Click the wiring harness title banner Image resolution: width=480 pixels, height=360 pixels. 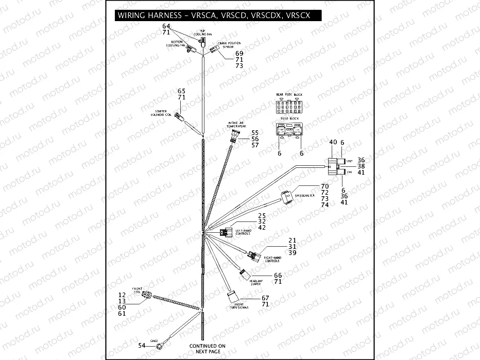[x=214, y=15]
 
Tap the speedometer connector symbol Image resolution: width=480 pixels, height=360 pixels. [x=286, y=196]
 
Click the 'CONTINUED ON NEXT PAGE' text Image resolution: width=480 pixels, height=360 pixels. [x=207, y=349]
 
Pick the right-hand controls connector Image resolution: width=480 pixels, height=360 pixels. [x=253, y=255]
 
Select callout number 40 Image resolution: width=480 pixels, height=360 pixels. [x=333, y=142]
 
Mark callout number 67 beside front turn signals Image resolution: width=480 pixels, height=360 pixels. [x=265, y=298]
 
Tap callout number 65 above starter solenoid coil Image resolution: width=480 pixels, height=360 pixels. [x=181, y=91]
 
